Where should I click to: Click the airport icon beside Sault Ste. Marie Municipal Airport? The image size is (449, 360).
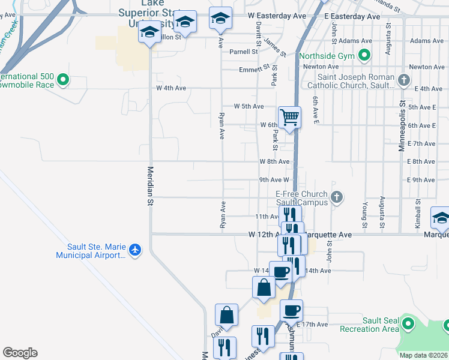pyautogui.click(x=136, y=249)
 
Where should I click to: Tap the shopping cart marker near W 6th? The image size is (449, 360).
pyautogui.click(x=289, y=116)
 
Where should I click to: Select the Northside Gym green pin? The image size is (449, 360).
pyautogui.click(x=364, y=56)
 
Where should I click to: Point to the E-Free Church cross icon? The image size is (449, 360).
pyautogui.click(x=337, y=196)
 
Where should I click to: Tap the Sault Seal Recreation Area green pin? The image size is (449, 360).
pyautogui.click(x=408, y=325)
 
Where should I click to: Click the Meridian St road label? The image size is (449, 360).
pyautogui.click(x=151, y=187)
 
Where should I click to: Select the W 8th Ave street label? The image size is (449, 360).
pyautogui.click(x=275, y=161)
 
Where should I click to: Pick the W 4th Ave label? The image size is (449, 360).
pyautogui.click(x=171, y=88)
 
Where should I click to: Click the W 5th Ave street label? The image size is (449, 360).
pyautogui.click(x=249, y=106)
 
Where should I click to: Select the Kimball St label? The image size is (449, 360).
pyautogui.click(x=418, y=209)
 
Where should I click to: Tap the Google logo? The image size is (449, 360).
pyautogui.click(x=20, y=353)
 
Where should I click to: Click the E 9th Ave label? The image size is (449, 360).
pyautogui.click(x=421, y=180)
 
